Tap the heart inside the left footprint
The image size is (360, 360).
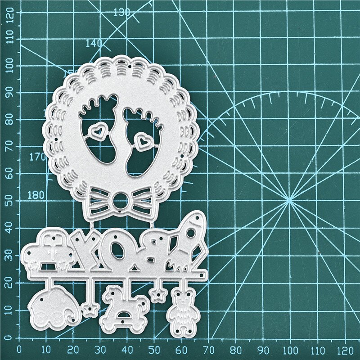[97, 131]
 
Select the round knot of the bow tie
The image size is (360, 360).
[121, 200]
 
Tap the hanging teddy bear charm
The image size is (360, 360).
[182, 310]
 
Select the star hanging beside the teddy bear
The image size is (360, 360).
[157, 295]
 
